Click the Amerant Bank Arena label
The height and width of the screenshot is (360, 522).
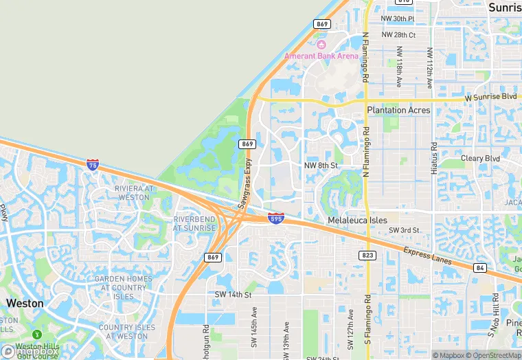click(x=322, y=56)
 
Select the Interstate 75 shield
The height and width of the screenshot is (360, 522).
click(x=93, y=164)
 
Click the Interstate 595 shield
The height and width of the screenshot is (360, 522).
click(x=276, y=218)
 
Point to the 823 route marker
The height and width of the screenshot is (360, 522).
click(x=367, y=255)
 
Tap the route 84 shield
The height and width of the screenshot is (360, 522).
click(x=479, y=267)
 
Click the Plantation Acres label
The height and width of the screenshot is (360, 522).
click(x=398, y=110)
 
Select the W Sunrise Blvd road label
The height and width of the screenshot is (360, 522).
click(x=490, y=98)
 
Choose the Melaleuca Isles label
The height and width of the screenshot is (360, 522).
click(x=358, y=220)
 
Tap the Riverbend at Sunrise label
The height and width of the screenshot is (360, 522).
click(x=195, y=223)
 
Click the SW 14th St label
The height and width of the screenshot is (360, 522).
click(x=234, y=295)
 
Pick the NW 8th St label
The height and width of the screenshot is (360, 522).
click(x=321, y=166)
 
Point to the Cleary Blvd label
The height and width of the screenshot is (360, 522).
click(x=481, y=158)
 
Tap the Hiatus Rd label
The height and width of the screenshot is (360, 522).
click(x=434, y=158)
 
